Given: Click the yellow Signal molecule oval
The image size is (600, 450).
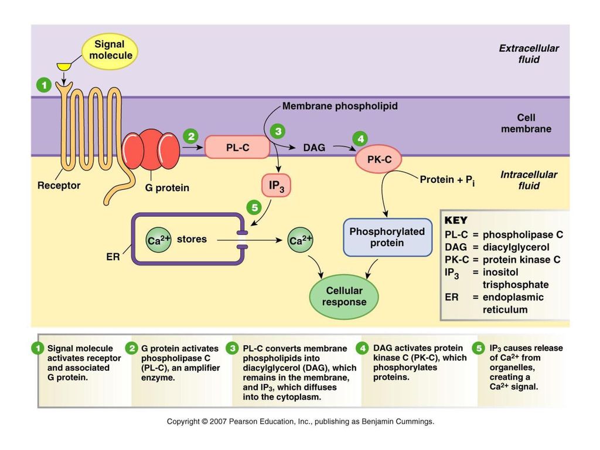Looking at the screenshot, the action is [110, 51].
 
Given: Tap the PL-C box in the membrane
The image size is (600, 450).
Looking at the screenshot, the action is [237, 147].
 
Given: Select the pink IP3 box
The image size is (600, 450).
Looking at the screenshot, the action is [277, 186].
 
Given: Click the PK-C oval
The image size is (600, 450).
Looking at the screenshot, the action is [379, 159].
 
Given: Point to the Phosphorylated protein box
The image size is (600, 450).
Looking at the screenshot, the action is [387, 237].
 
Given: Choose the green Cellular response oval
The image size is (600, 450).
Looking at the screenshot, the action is [343, 296].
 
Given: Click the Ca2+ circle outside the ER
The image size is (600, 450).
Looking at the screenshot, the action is [301, 240].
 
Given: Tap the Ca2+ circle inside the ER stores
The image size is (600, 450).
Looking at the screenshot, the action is [158, 240].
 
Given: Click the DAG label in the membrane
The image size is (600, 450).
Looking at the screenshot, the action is [314, 148].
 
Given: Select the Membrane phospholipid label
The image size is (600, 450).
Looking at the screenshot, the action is [340, 106].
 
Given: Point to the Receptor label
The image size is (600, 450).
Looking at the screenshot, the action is [59, 186].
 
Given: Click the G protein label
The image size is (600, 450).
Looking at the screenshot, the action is [167, 188].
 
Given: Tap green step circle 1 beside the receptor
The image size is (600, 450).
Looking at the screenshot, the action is [44, 85].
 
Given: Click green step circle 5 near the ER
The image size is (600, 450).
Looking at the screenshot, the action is [254, 208].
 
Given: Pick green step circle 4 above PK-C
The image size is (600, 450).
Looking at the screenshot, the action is [360, 138].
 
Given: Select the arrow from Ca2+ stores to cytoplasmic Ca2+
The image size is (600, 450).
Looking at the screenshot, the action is [250, 240].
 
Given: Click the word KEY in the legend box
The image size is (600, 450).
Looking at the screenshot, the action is [456, 220].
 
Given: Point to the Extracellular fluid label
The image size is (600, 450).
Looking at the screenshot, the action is [529, 53].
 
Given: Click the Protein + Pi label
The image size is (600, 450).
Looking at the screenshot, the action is [447, 180].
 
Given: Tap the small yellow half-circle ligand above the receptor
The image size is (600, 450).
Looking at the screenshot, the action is [64, 67].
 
